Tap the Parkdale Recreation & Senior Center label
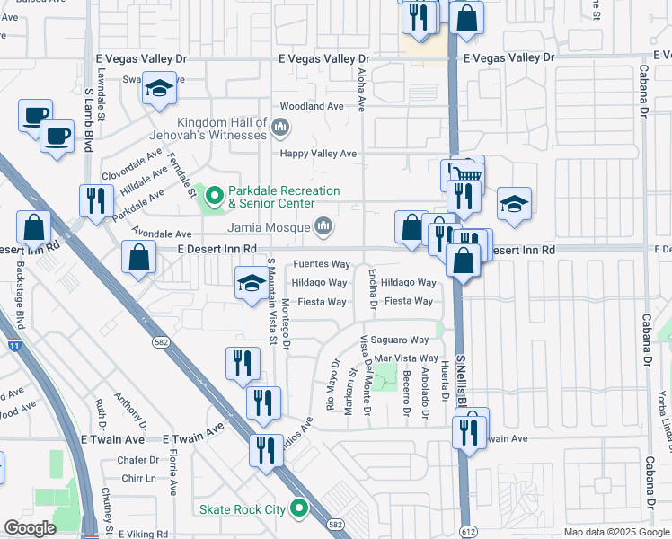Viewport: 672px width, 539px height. (283, 197)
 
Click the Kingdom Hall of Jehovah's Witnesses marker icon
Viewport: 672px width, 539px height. (280, 128)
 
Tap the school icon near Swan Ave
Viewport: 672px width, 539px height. (159, 88)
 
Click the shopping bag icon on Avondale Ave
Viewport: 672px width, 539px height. (139, 257)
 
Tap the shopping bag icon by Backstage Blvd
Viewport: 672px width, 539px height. (33, 227)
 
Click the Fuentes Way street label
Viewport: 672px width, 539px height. (322, 264)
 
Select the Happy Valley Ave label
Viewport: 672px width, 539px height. (318, 154)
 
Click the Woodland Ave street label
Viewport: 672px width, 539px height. (313, 106)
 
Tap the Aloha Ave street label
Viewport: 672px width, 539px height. (362, 89)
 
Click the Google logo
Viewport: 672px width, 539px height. (30, 528)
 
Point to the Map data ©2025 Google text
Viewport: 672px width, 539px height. (615, 532)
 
